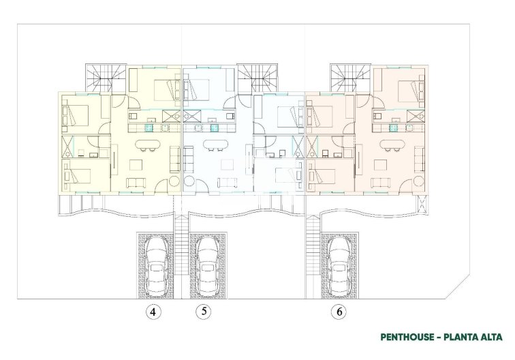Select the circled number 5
click(202, 312)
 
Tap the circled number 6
click(338, 312)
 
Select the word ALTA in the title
click(490, 337)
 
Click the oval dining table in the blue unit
click(217, 145)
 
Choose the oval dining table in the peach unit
click(392, 145)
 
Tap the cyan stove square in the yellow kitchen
click(149, 126)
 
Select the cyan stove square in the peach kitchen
click(392, 126)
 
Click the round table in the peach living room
click(417, 181)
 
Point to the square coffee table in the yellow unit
click(136, 164)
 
